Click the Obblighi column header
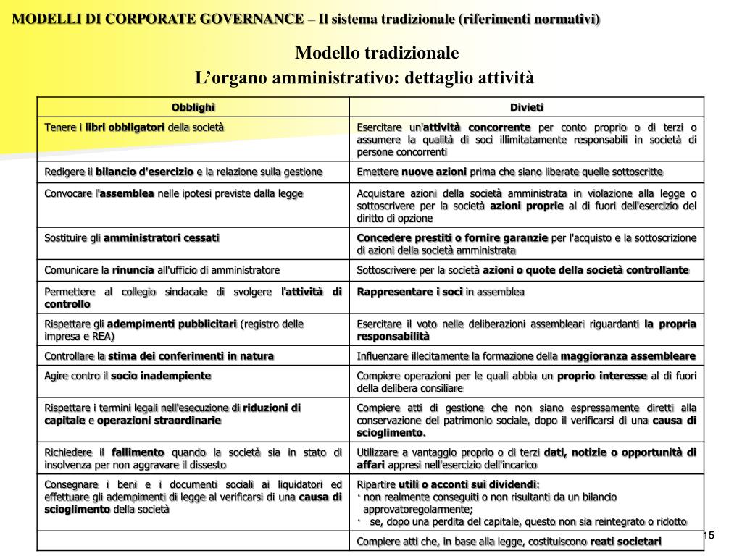coord(193,108)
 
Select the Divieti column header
coord(526,108)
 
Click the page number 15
coord(709,535)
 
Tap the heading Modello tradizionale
coord(377,53)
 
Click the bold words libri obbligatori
coord(125,127)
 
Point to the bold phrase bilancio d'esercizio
coord(145,172)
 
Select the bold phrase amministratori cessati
coord(162,237)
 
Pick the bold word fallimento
coord(138,452)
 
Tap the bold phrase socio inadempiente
coord(161,376)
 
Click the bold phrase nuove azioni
coord(435,172)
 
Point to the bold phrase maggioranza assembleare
coord(628,356)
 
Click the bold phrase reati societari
coord(626,542)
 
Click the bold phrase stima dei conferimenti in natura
coord(191,356)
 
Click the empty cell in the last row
coord(193,542)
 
